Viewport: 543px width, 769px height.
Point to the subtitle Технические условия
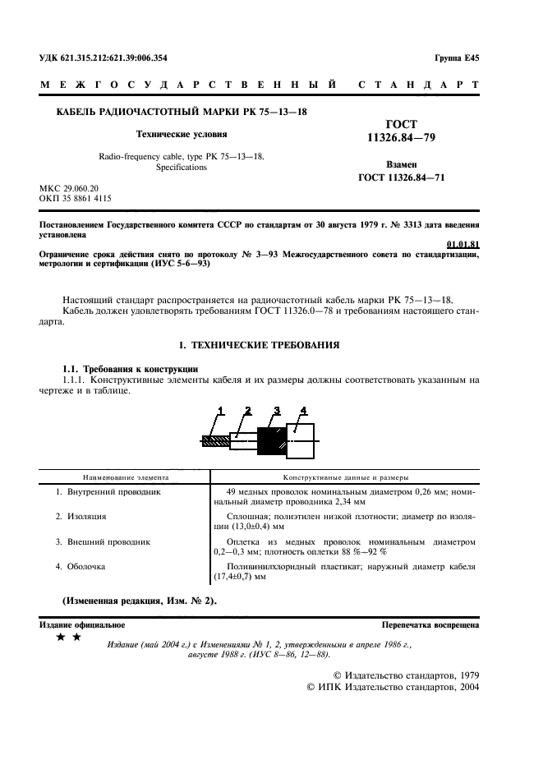(x=182, y=132)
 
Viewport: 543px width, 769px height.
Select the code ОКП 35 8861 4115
(x=76, y=199)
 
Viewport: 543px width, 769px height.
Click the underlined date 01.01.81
(x=462, y=244)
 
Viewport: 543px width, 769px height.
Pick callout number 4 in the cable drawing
(x=303, y=409)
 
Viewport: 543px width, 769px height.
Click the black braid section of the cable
(x=270, y=441)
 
